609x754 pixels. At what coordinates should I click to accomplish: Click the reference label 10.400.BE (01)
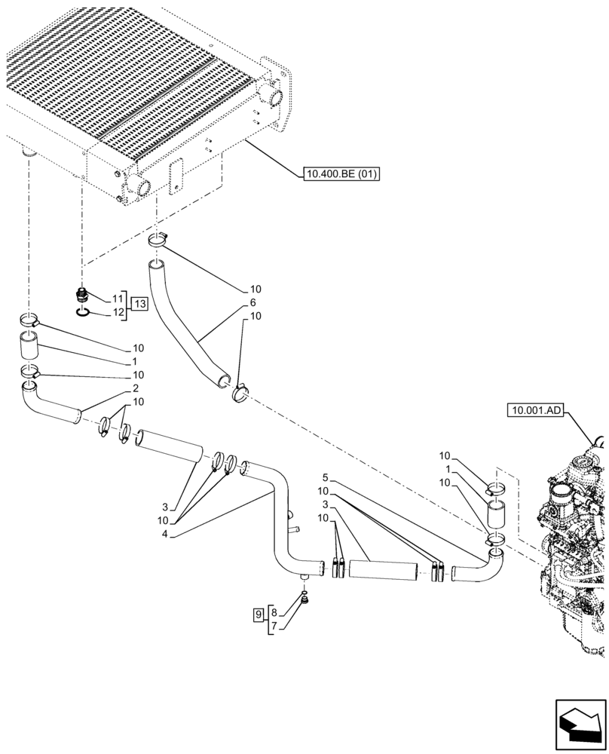click(341, 175)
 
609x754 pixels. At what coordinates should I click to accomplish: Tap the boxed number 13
click(139, 305)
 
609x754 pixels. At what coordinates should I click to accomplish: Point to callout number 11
click(118, 299)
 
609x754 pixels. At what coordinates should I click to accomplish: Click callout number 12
click(118, 312)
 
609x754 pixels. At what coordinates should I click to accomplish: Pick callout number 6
click(243, 302)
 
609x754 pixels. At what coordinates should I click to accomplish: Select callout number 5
click(325, 478)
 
